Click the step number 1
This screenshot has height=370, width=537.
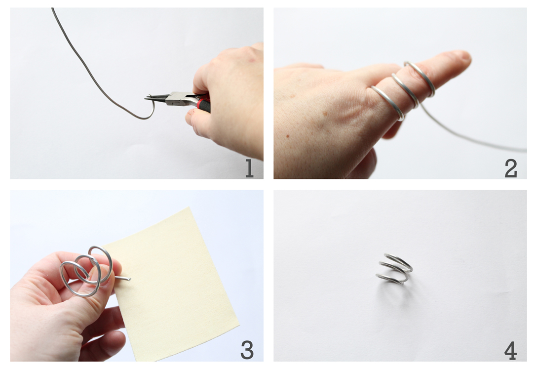coord(249,168)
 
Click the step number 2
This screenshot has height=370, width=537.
coord(511,168)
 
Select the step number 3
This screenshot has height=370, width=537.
coord(247,350)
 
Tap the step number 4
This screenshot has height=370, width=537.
coord(510,351)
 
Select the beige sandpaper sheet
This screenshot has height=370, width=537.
coord(175,285)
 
